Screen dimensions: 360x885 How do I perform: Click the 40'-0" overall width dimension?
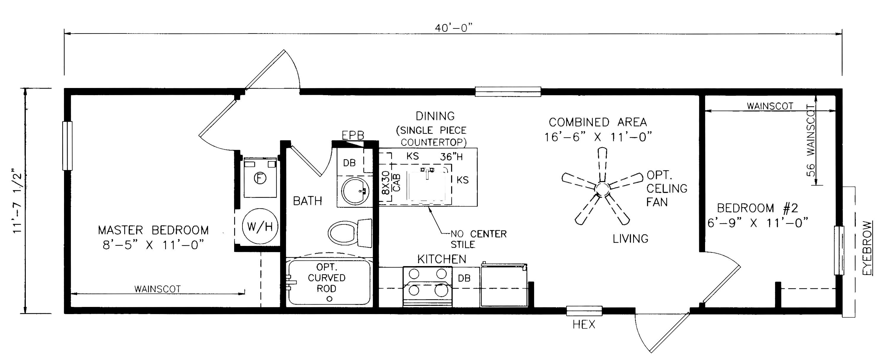453,28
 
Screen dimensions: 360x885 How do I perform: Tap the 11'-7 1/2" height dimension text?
17,201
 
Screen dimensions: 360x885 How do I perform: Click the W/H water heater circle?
260,226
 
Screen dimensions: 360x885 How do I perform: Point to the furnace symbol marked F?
260,178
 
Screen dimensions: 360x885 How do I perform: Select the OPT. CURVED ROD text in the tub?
326,278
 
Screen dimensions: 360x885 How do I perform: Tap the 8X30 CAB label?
391,183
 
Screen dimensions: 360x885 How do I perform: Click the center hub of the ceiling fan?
602,188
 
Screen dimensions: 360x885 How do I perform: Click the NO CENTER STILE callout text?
478,239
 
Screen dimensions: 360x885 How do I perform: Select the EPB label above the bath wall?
353,135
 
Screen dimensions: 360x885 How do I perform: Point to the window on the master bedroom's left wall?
67,146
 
